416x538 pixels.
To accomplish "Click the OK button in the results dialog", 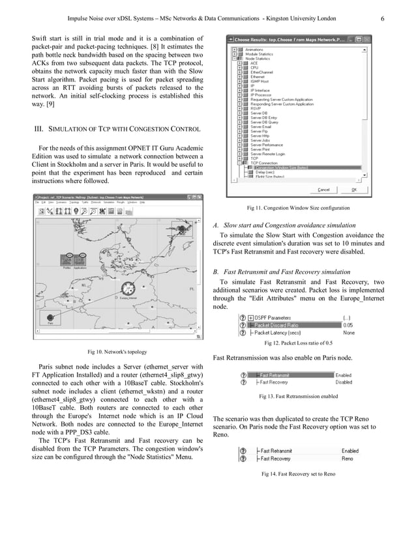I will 372,190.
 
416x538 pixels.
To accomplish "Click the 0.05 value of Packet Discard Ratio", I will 348,324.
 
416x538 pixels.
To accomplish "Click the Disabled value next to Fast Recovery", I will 344,382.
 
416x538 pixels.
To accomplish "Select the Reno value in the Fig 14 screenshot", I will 347,459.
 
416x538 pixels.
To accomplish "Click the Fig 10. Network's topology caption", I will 117,352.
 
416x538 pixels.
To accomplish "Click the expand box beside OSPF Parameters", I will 250,316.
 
